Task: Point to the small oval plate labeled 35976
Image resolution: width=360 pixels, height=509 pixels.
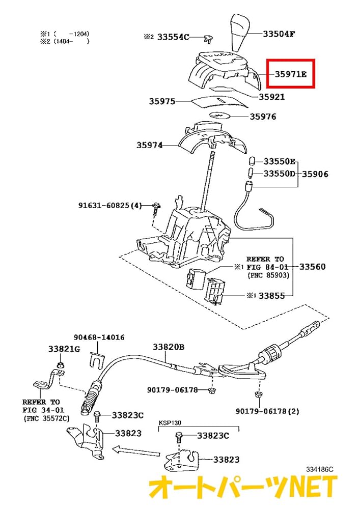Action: click(x=220, y=116)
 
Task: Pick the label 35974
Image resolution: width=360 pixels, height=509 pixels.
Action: click(x=149, y=145)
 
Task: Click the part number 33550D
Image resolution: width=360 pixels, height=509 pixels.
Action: click(x=280, y=174)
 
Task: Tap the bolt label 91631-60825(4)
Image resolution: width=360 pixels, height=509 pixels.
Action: click(x=110, y=206)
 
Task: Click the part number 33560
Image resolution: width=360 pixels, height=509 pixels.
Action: click(x=312, y=267)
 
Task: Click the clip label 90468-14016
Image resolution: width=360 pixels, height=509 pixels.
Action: click(x=99, y=337)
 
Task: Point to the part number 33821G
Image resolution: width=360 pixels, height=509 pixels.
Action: click(x=64, y=349)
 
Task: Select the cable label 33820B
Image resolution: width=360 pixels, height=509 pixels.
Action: click(x=169, y=347)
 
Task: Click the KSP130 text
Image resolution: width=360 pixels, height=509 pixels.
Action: click(x=169, y=422)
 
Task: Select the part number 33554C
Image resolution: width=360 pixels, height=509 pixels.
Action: click(x=173, y=37)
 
